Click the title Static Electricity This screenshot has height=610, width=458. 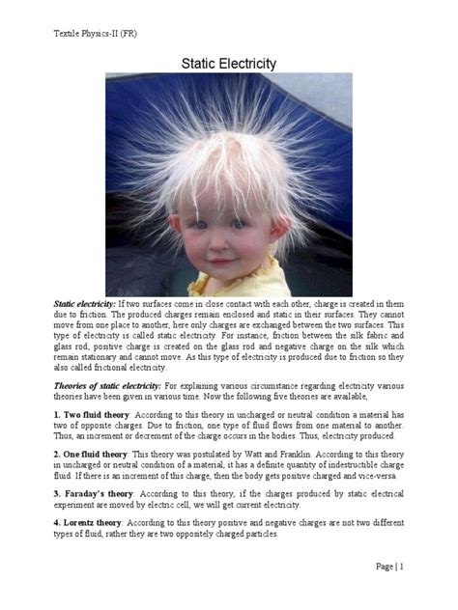[229, 64]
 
